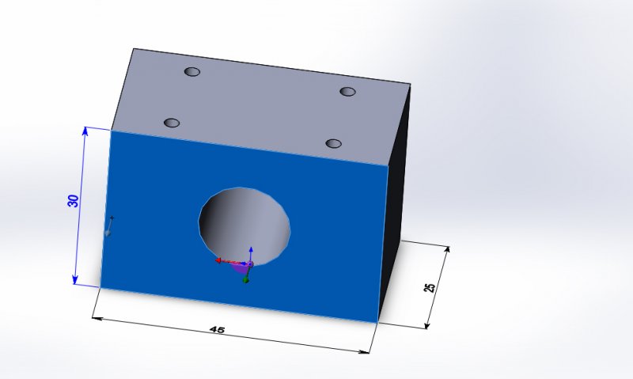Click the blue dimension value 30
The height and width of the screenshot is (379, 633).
pyautogui.click(x=73, y=201)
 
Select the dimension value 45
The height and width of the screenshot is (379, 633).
pyautogui.click(x=217, y=330)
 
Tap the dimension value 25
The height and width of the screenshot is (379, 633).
pyautogui.click(x=430, y=287)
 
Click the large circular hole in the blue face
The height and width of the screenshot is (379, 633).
pyautogui.click(x=244, y=226)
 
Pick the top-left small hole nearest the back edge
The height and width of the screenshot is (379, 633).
pyautogui.click(x=192, y=72)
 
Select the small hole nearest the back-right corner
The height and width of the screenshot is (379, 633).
pyautogui.click(x=347, y=91)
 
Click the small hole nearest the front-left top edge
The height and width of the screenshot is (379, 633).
pyautogui.click(x=172, y=123)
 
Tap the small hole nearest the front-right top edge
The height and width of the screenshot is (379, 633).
pyautogui.click(x=333, y=143)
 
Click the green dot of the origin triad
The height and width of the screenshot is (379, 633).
pyautogui.click(x=246, y=280)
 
